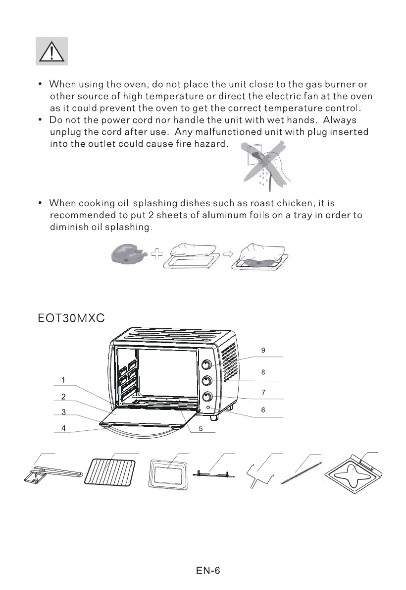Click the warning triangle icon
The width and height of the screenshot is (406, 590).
tap(51, 51)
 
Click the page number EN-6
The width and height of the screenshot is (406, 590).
tap(207, 571)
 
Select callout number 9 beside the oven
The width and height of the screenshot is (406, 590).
tap(263, 350)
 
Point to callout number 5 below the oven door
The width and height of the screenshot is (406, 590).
tap(200, 429)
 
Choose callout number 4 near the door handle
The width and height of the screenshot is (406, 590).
tap(63, 427)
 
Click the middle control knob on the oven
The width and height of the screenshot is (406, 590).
tap(207, 381)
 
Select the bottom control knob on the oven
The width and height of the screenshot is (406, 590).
tap(207, 397)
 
